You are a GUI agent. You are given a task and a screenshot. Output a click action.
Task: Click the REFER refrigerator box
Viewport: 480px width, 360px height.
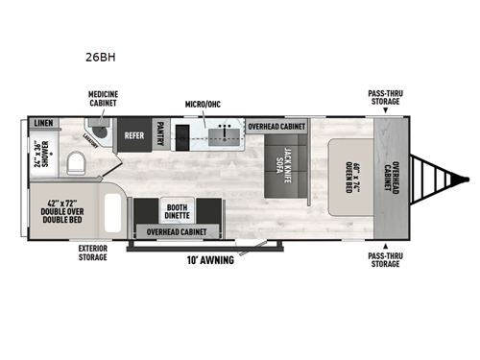tap(133, 135)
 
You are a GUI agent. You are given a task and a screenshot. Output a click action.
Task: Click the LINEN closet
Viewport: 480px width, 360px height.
tap(41, 124)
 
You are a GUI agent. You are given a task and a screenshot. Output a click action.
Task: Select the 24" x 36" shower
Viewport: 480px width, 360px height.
tap(40, 154)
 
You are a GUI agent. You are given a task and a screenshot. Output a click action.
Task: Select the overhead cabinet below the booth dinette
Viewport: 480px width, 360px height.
tap(179, 232)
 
